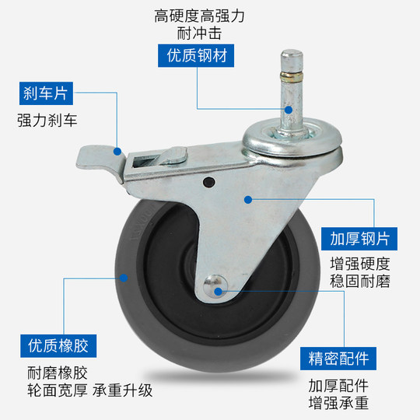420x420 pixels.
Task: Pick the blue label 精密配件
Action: pos(334,359)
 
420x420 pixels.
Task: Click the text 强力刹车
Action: pos(47,121)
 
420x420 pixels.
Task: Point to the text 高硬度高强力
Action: pos(199,15)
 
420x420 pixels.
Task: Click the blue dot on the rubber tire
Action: pos(124,277)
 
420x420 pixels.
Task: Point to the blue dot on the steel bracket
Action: pos(248,199)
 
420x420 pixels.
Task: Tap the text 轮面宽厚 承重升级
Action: pos(85,388)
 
